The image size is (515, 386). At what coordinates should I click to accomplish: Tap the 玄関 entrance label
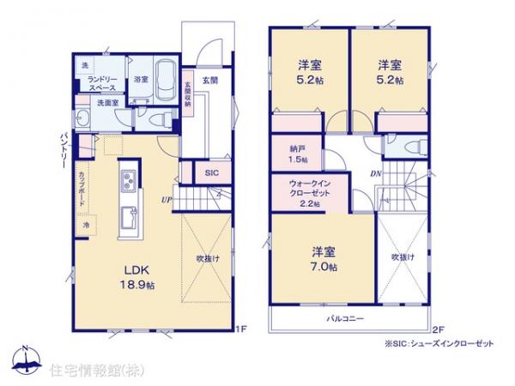pos(209,80)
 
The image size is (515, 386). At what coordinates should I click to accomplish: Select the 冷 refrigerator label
pos(86,225)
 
